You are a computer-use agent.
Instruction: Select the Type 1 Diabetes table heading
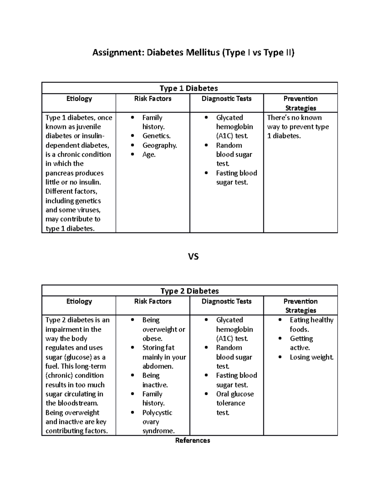189,88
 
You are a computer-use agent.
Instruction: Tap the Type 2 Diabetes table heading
190,291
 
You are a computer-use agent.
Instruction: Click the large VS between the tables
193,257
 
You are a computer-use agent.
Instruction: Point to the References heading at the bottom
193,440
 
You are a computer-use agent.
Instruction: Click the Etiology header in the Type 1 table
79,99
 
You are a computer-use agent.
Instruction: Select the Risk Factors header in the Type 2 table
153,301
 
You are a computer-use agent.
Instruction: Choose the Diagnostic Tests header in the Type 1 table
226,99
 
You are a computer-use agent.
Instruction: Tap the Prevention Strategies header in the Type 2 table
301,306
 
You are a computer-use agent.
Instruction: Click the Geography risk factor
160,145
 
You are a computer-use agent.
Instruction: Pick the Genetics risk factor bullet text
156,136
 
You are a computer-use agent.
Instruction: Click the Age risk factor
149,155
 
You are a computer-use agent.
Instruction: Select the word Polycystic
157,412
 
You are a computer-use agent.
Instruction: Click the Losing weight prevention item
312,357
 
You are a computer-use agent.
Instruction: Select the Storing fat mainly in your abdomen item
164,357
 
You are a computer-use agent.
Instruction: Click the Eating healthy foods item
311,325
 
